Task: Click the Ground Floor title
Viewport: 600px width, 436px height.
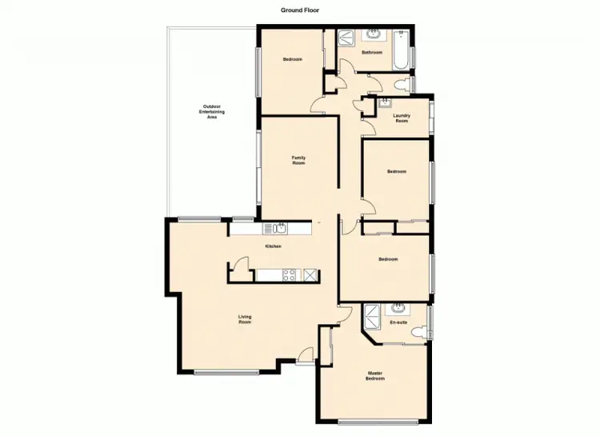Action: [x=300, y=10]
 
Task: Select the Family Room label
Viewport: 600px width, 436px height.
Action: [x=298, y=161]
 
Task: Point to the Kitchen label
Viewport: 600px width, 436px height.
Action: [x=273, y=246]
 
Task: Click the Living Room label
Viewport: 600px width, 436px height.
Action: [x=245, y=320]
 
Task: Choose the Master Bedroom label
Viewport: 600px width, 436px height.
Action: [x=375, y=375]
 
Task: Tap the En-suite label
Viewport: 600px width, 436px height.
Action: [x=398, y=322]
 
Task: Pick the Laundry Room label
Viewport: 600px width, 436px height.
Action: [x=402, y=118]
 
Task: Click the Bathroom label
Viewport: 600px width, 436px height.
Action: [x=371, y=53]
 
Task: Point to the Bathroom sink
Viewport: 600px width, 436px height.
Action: [x=373, y=34]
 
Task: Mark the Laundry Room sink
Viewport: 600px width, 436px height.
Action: [x=386, y=102]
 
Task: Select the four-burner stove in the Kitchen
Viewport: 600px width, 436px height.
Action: [x=290, y=275]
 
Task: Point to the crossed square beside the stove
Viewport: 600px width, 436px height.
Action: [x=310, y=275]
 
